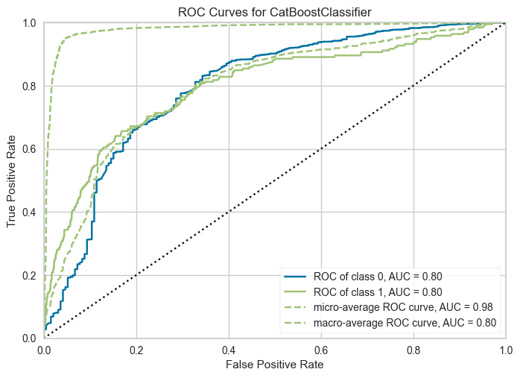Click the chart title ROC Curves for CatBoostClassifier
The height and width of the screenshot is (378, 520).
point(275,12)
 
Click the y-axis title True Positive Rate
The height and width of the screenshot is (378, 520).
point(11,181)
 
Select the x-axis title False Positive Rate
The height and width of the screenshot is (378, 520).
point(275,365)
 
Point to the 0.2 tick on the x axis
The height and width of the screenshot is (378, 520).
point(136,350)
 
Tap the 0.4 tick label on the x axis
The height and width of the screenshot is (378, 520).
point(229,350)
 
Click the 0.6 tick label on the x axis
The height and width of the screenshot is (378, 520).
point(321,350)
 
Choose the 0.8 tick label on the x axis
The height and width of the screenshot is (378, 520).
point(413,350)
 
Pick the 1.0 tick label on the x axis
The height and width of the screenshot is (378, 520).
point(506,350)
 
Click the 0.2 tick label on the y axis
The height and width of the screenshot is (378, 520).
point(29,275)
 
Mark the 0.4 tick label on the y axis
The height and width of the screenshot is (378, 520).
point(29,212)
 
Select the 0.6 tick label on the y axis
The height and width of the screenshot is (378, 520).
point(29,149)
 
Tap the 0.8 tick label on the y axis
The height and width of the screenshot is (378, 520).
point(29,86)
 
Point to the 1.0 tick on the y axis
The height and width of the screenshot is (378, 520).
point(29,23)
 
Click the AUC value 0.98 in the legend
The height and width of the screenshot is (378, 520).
point(483,307)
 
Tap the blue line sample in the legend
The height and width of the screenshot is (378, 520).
point(295,276)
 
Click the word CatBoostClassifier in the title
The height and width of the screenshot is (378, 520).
point(320,12)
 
